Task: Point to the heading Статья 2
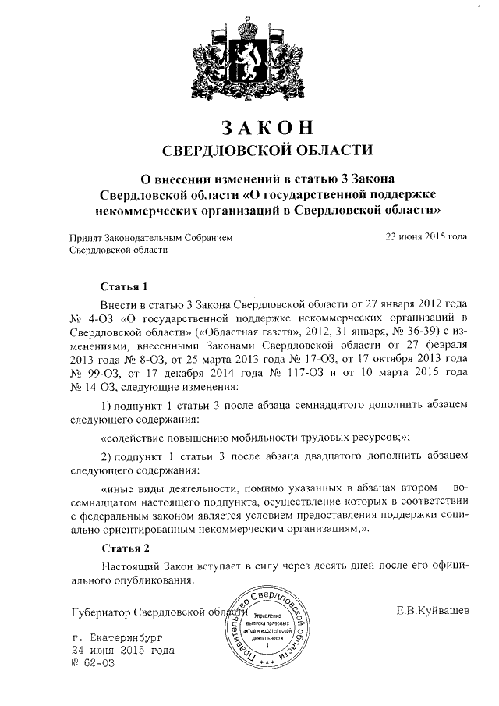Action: click(x=123, y=547)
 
